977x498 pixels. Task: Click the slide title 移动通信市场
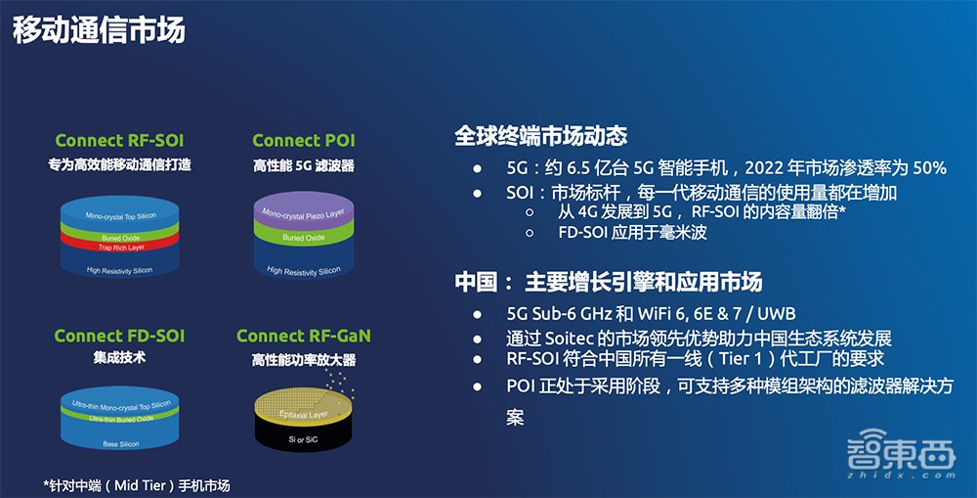[99, 28]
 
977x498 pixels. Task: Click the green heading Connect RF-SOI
[119, 141]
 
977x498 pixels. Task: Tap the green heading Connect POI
[304, 141]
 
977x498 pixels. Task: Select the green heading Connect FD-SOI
[119, 336]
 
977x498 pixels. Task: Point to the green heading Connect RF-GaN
[304, 336]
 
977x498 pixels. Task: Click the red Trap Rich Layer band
[119, 244]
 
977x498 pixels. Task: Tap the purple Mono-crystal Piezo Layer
[304, 211]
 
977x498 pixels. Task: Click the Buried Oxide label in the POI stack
[304, 238]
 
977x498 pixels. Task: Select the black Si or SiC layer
[304, 436]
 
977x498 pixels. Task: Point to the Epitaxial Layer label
[304, 415]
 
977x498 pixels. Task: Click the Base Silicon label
[121, 444]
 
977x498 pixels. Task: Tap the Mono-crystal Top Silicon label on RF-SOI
[121, 216]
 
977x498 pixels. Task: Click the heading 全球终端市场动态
[541, 136]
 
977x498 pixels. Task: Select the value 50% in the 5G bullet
[930, 167]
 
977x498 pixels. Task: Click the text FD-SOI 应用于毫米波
[632, 233]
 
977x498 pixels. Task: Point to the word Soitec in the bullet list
[570, 339]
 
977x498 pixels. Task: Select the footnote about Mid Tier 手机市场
[137, 485]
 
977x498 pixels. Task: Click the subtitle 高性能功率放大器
[304, 360]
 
